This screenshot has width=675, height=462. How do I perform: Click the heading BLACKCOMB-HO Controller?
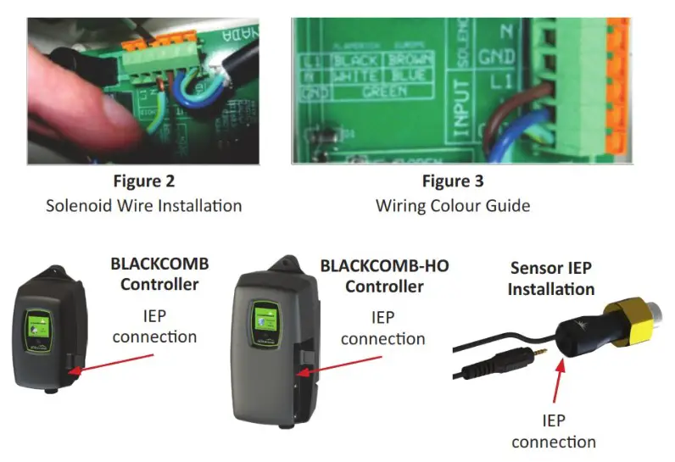tap(383, 276)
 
